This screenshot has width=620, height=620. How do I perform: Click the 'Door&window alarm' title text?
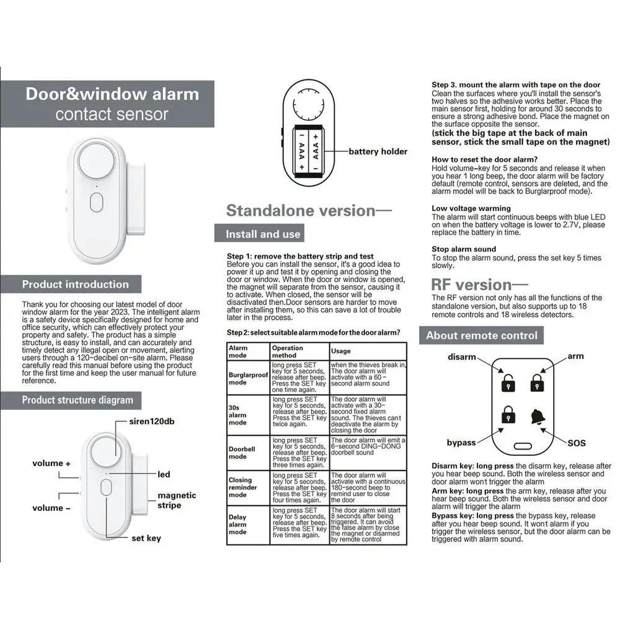coord(112,94)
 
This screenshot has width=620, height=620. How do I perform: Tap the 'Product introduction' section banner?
coord(75,285)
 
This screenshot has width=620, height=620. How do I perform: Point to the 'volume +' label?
coord(51,463)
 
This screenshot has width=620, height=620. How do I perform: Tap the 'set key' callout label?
coord(146,538)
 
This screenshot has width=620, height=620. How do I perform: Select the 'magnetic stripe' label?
coord(177,500)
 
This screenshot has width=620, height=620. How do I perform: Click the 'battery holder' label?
coord(378,151)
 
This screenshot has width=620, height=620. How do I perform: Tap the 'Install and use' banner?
coord(263,234)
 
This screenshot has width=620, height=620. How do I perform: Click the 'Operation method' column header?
coord(288,352)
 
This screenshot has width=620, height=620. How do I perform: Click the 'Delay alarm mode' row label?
coord(238,525)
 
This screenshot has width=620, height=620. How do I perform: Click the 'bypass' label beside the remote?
coord(461,443)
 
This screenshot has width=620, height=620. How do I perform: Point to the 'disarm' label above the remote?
coord(462,356)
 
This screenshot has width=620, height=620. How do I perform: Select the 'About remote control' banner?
coord(482,335)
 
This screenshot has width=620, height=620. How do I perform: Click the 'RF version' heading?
coord(471,285)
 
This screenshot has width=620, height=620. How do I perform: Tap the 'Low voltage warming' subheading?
coord(471,208)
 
